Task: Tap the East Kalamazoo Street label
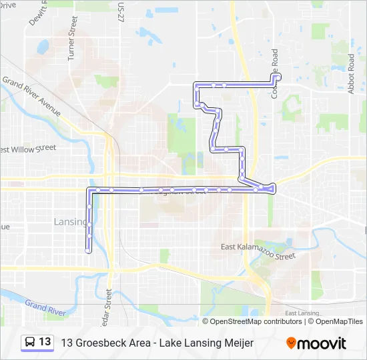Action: [x=258, y=251]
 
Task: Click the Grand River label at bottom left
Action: [x=45, y=308]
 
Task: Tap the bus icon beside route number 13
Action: [x=31, y=342]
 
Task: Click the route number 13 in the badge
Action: [x=45, y=342]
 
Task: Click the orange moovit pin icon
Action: [x=291, y=343]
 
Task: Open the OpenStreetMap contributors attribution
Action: [x=256, y=321]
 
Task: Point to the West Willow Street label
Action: [x=28, y=149]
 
